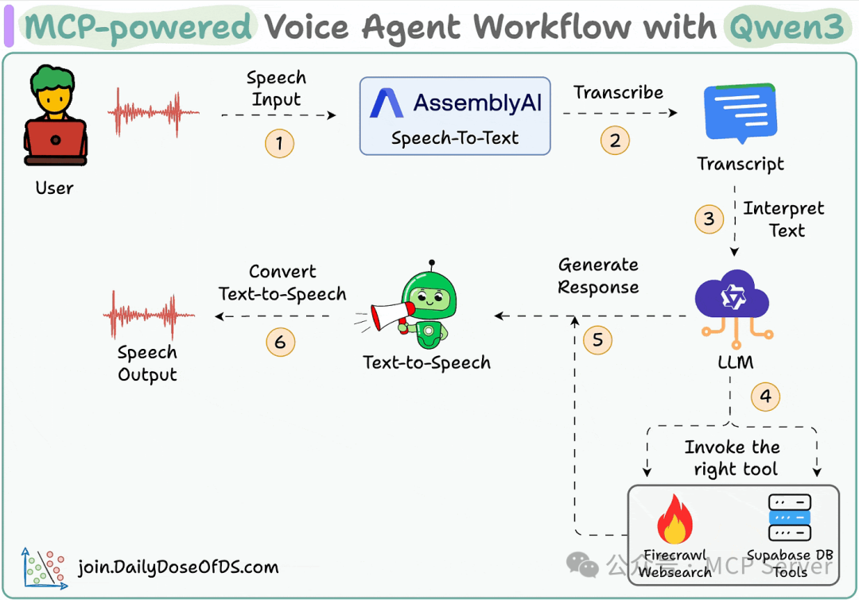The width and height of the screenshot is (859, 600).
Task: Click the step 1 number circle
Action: coord(279,144)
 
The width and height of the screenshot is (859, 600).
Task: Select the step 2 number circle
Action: coord(614,141)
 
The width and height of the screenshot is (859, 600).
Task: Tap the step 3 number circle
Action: coord(709,219)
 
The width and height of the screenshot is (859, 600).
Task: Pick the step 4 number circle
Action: coord(765,397)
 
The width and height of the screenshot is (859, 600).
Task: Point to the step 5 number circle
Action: coord(597,341)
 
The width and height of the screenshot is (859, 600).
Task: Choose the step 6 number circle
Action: coord(279,343)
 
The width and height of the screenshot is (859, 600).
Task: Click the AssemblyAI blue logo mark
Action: coord(387,104)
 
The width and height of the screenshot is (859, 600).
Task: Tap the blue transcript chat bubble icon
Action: coord(740,113)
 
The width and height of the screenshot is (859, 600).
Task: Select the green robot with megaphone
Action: coord(422,305)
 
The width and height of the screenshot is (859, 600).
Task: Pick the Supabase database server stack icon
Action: coord(789,517)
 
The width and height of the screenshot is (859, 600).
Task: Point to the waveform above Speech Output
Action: coord(148,316)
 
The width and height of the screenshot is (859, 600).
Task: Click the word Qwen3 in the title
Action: coord(786,28)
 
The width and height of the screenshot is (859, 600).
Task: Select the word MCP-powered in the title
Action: coord(138,28)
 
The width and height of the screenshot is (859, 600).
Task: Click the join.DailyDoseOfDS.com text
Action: coord(178,567)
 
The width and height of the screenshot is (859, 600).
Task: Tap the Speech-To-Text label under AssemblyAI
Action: coord(455,138)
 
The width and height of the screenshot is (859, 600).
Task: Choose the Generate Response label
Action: coord(598,276)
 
